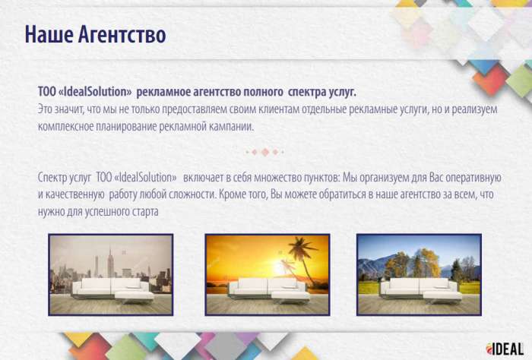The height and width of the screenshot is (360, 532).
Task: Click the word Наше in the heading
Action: point(48,35)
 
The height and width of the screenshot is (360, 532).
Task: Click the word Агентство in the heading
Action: point(122,35)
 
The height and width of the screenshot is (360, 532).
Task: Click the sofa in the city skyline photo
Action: point(112,289)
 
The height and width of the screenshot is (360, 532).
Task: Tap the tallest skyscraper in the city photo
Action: point(110,262)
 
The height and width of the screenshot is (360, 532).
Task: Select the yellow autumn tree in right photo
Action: point(427,262)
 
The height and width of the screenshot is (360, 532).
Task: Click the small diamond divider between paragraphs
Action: point(265,152)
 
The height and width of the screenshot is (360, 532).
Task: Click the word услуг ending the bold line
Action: point(341,92)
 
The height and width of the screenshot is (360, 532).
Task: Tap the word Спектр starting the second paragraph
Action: point(55,176)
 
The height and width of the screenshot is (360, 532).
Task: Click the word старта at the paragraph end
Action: point(144,210)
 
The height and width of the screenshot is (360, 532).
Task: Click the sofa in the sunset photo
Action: point(266,289)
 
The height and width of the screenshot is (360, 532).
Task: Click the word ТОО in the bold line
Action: point(48,92)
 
